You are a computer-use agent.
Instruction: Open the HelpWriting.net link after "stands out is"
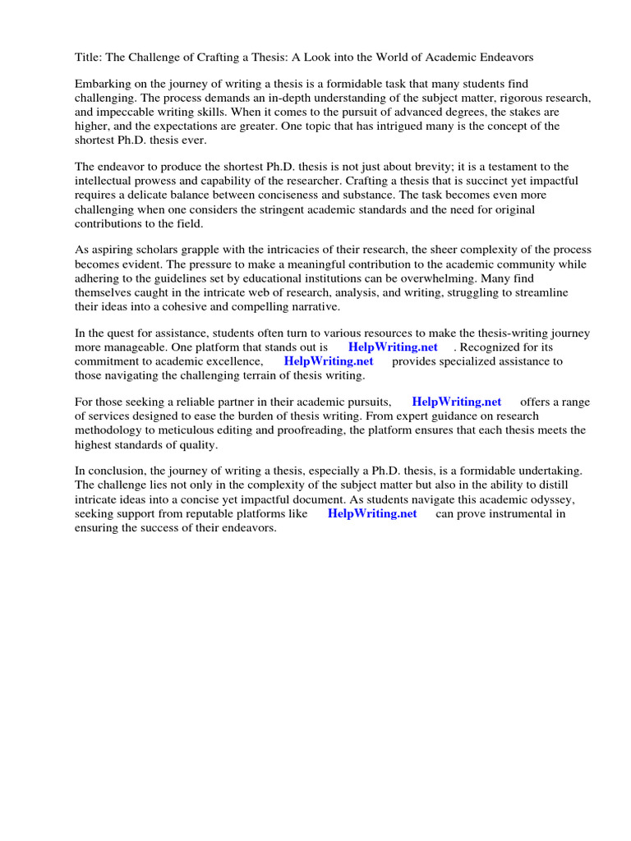pyautogui.click(x=393, y=347)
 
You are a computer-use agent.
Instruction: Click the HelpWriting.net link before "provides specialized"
pyautogui.click(x=328, y=361)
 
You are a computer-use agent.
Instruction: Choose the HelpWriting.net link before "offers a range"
pyautogui.click(x=456, y=402)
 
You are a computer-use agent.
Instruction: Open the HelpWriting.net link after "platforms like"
pyautogui.click(x=371, y=513)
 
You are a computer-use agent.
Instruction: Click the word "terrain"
pyautogui.click(x=258, y=375)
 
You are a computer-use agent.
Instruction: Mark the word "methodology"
pyautogui.click(x=112, y=430)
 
